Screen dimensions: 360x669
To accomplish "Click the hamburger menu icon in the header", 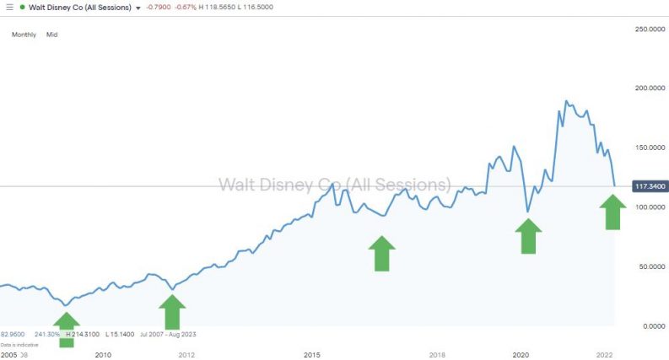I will [x=8, y=8].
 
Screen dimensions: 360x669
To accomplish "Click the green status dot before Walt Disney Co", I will [x=23, y=8].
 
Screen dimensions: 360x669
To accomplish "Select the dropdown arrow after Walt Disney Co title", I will [x=138, y=8].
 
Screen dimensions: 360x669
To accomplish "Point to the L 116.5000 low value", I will [x=280, y=8].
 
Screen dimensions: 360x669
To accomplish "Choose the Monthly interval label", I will [x=24, y=35].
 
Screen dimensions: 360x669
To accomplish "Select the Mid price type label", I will [x=51, y=35].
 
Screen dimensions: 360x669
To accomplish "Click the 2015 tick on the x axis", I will [x=312, y=355].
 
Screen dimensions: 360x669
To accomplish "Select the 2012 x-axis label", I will [x=186, y=355].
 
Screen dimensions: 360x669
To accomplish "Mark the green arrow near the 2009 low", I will [x=66, y=329].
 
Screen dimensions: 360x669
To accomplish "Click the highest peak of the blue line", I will [x=566, y=101].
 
